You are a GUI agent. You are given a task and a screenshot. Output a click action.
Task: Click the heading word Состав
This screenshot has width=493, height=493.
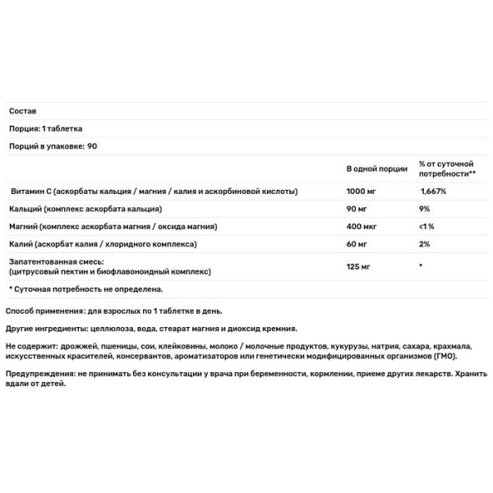pos(22,111)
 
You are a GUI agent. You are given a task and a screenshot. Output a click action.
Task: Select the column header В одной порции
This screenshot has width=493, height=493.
pos(376,168)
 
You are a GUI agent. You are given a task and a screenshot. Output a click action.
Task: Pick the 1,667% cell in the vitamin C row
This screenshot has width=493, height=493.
pos(434,191)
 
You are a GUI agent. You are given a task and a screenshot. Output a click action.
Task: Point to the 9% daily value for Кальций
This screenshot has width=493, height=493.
pos(425,209)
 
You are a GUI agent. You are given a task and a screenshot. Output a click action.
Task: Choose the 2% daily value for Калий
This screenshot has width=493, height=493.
pos(425,245)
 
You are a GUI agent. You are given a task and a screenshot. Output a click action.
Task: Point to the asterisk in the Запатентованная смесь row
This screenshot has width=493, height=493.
pos(421,265)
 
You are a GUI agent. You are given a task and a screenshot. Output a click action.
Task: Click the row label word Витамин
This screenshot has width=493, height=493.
pos(28,191)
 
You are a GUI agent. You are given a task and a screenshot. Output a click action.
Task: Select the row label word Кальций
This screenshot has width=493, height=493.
pos(26,209)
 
